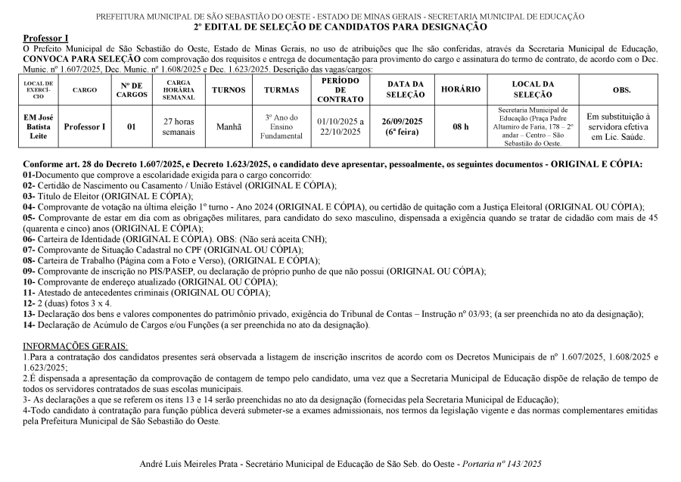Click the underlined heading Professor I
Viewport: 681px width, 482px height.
(45, 38)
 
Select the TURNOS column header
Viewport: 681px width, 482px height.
(229, 89)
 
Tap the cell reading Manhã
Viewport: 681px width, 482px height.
(229, 127)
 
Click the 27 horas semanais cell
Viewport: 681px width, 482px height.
(179, 127)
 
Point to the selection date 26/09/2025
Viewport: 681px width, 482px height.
(402, 121)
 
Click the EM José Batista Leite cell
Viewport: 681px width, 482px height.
(38, 127)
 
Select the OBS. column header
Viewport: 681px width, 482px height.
(622, 89)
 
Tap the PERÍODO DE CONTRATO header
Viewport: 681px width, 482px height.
(340, 89)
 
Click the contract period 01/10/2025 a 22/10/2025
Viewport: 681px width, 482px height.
(340, 127)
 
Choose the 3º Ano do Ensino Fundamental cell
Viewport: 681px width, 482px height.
(282, 127)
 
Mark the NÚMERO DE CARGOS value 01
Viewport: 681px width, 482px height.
(132, 127)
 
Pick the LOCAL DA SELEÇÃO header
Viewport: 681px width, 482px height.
(533, 89)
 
